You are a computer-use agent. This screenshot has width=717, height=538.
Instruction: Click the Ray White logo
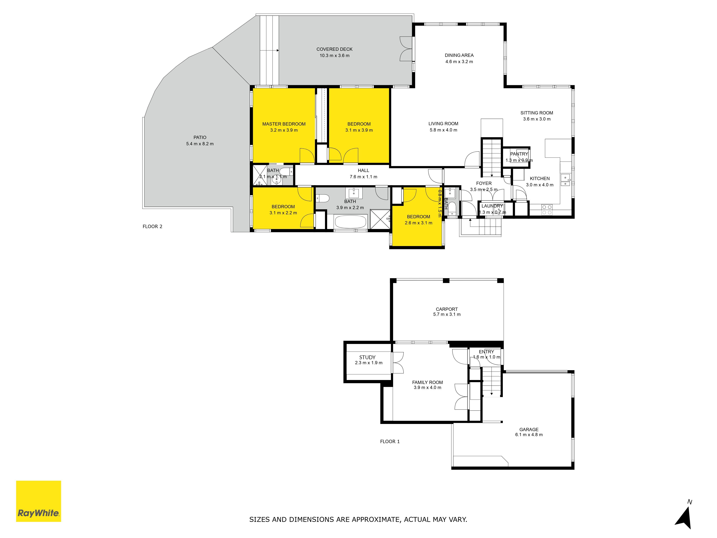click(x=39, y=501)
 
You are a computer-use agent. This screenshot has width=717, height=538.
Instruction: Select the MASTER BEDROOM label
click(x=284, y=124)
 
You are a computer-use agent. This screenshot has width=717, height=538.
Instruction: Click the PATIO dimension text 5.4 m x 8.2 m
click(x=200, y=144)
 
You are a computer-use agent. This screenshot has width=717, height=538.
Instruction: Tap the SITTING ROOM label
click(x=537, y=113)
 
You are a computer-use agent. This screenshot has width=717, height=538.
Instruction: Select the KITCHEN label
click(x=540, y=179)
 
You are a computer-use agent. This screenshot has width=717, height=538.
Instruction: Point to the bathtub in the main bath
click(x=350, y=222)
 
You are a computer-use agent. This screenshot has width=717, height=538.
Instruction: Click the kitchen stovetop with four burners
click(x=547, y=209)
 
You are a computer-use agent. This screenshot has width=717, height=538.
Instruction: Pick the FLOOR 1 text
click(x=390, y=441)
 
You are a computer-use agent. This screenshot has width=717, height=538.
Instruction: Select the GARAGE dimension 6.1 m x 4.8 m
click(x=529, y=435)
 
